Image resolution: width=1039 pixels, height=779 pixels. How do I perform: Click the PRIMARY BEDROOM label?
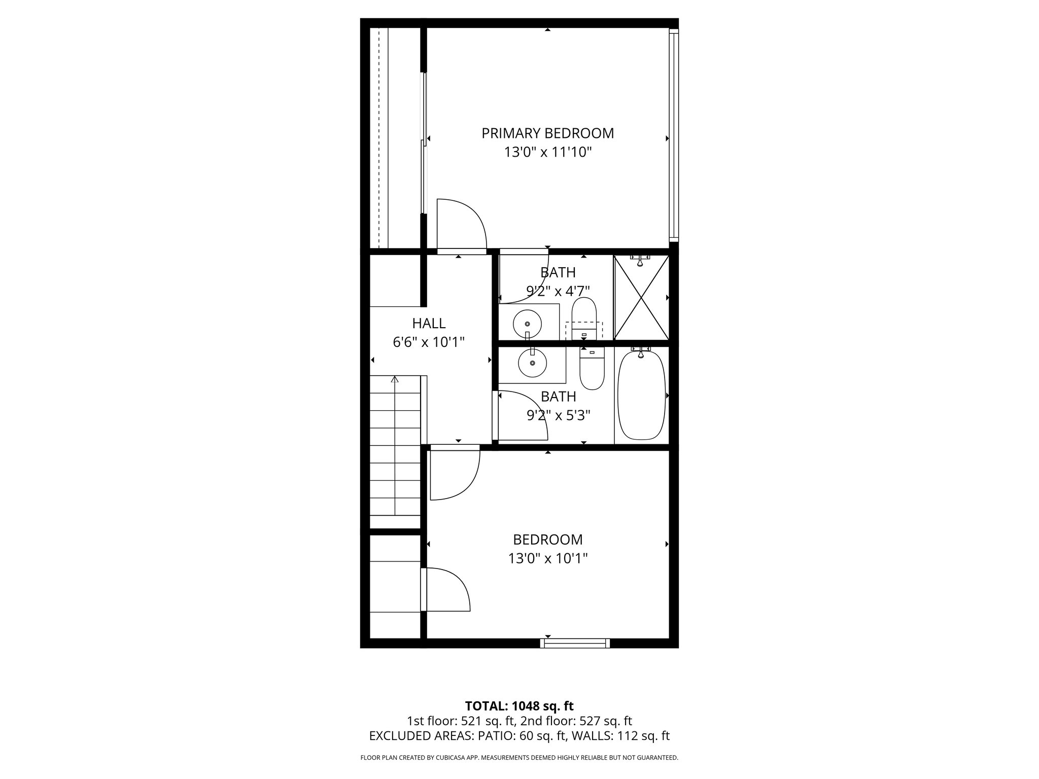coord(547,133)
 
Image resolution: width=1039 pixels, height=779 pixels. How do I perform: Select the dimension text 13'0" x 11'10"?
coord(548,152)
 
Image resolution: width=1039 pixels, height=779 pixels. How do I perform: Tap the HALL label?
coord(429,323)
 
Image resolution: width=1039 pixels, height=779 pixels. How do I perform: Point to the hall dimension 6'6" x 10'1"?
coord(429,342)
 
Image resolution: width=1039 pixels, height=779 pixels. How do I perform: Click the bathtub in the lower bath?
coord(641,396)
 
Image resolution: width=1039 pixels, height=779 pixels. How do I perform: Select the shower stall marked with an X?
coord(641,298)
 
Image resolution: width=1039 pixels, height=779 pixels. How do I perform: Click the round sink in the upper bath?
coord(527,323)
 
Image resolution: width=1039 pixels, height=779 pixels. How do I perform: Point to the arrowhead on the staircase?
coord(395,379)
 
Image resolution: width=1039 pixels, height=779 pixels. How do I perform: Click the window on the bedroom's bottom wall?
coord(575,643)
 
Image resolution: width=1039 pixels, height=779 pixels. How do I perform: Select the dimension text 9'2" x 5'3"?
coord(558,416)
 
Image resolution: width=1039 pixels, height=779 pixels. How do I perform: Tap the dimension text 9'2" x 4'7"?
coord(558,291)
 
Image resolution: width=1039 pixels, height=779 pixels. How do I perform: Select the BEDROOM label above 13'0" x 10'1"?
coord(547,539)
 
